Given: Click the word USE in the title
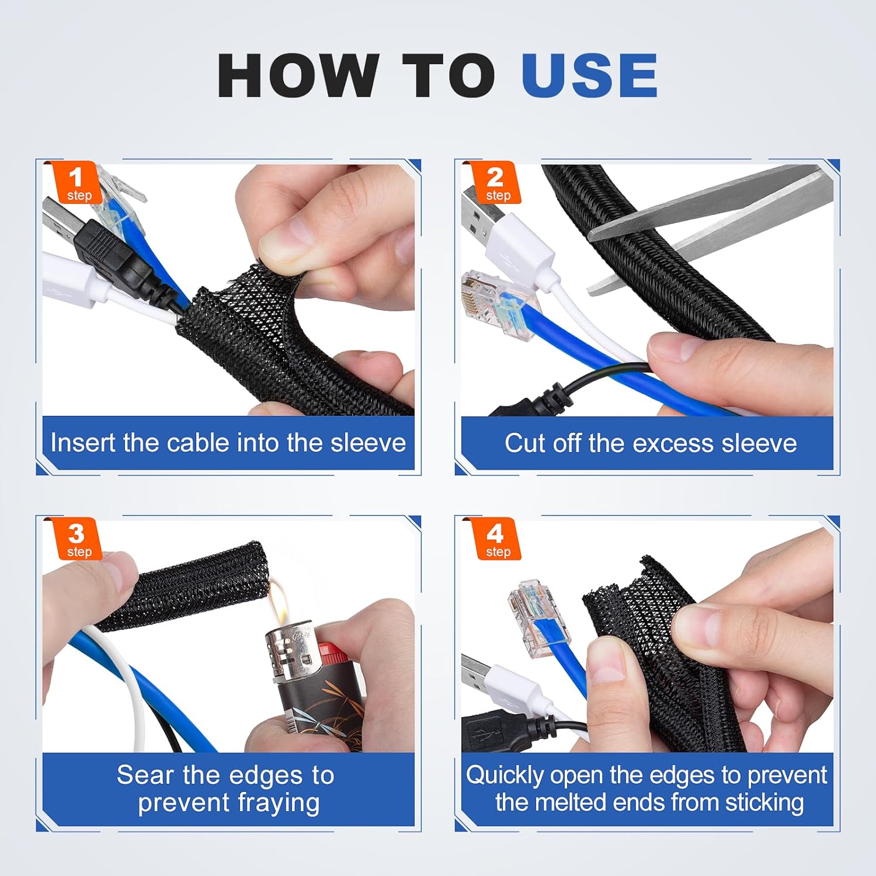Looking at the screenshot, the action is pos(589,75).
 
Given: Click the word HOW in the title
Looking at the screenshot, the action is pos(298,75).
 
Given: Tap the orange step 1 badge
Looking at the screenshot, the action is pos(78,182).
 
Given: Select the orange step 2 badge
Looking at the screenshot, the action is pos(496,182).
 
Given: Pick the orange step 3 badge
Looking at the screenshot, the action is pos(78,539).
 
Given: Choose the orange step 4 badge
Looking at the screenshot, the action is pos(496,539).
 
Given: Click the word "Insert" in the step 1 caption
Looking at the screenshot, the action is pos(84,442).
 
